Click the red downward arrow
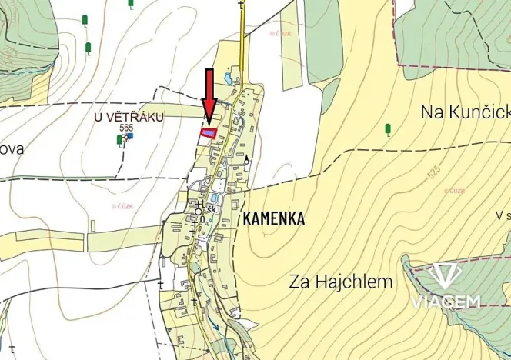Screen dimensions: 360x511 coord(208,96)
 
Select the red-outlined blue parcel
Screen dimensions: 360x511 coord(207,132)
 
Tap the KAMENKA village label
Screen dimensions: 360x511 coord(274,218)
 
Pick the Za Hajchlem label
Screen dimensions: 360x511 coord(341,282)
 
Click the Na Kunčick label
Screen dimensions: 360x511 coord(465,112)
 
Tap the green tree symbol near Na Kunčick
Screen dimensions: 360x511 coord(388,129)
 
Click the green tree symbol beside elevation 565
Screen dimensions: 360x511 coord(119,139)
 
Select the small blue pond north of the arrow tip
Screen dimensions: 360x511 coord(229,77)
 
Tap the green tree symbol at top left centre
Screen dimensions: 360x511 coord(88,48)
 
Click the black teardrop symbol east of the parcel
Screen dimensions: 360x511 coord(247,159)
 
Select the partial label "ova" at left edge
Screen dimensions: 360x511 coord(12,149)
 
